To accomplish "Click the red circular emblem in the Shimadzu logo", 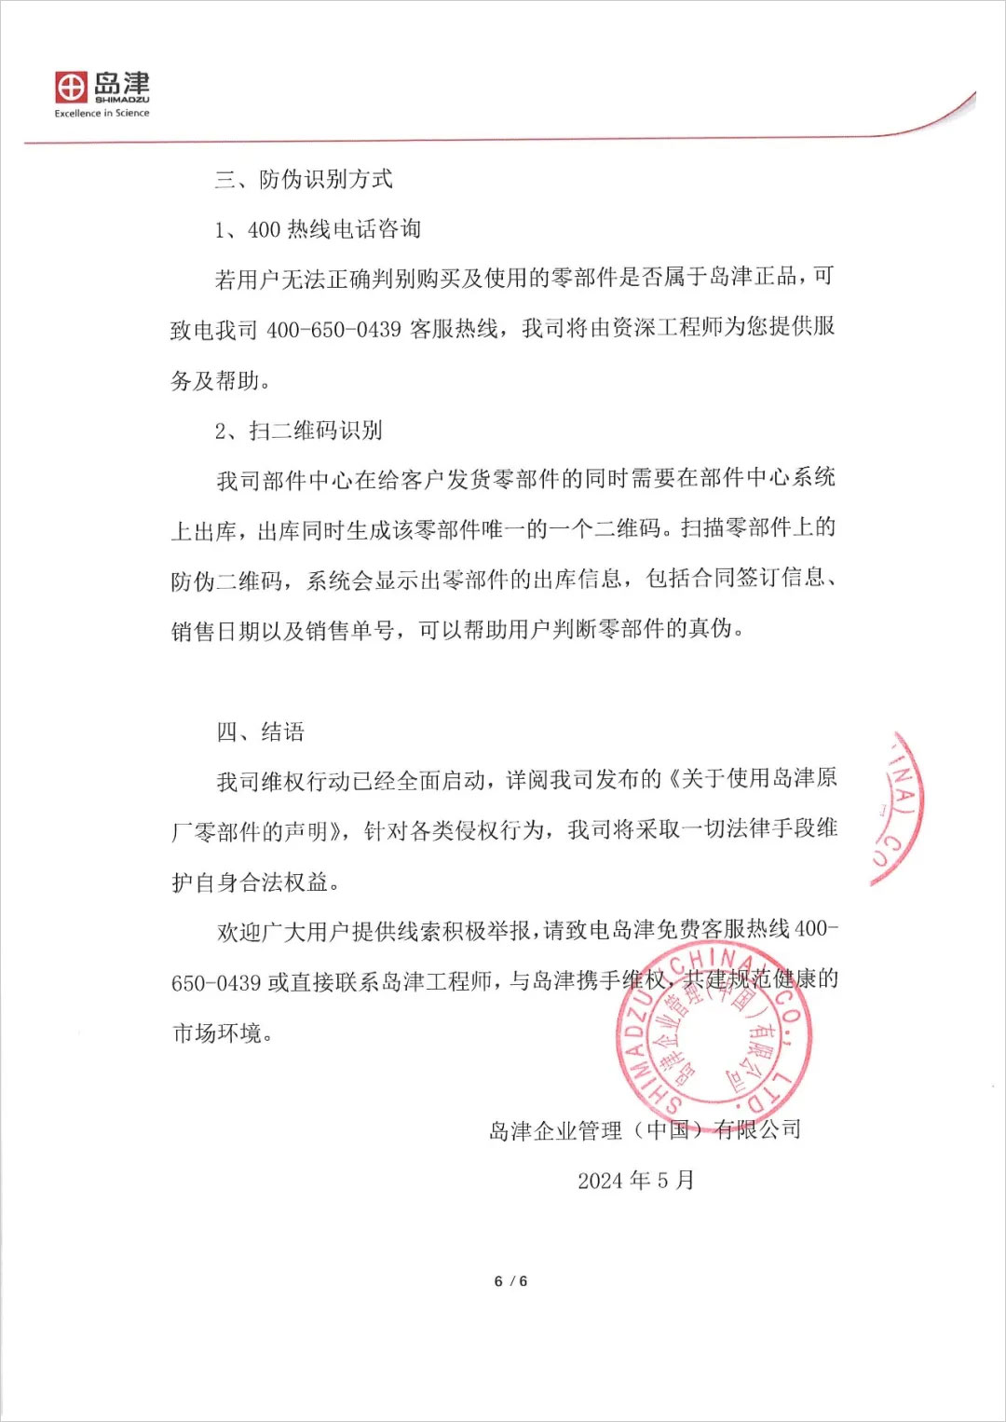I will (x=71, y=88).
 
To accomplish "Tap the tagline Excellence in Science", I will (x=102, y=114).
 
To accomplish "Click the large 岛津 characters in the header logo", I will (x=122, y=83).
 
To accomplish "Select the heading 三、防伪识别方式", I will (x=304, y=179).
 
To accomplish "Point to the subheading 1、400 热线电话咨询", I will (x=318, y=229).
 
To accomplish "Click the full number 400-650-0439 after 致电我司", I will (x=333, y=330).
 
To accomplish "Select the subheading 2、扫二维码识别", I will (x=298, y=431).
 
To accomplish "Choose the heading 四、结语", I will (x=261, y=732).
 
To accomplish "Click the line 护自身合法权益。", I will (x=256, y=882).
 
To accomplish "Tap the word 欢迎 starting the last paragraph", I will (x=239, y=931).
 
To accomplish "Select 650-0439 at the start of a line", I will (x=215, y=982).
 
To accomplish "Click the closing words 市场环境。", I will (x=222, y=1032).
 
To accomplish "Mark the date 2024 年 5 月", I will (x=635, y=1181).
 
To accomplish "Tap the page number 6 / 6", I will (x=510, y=1281).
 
